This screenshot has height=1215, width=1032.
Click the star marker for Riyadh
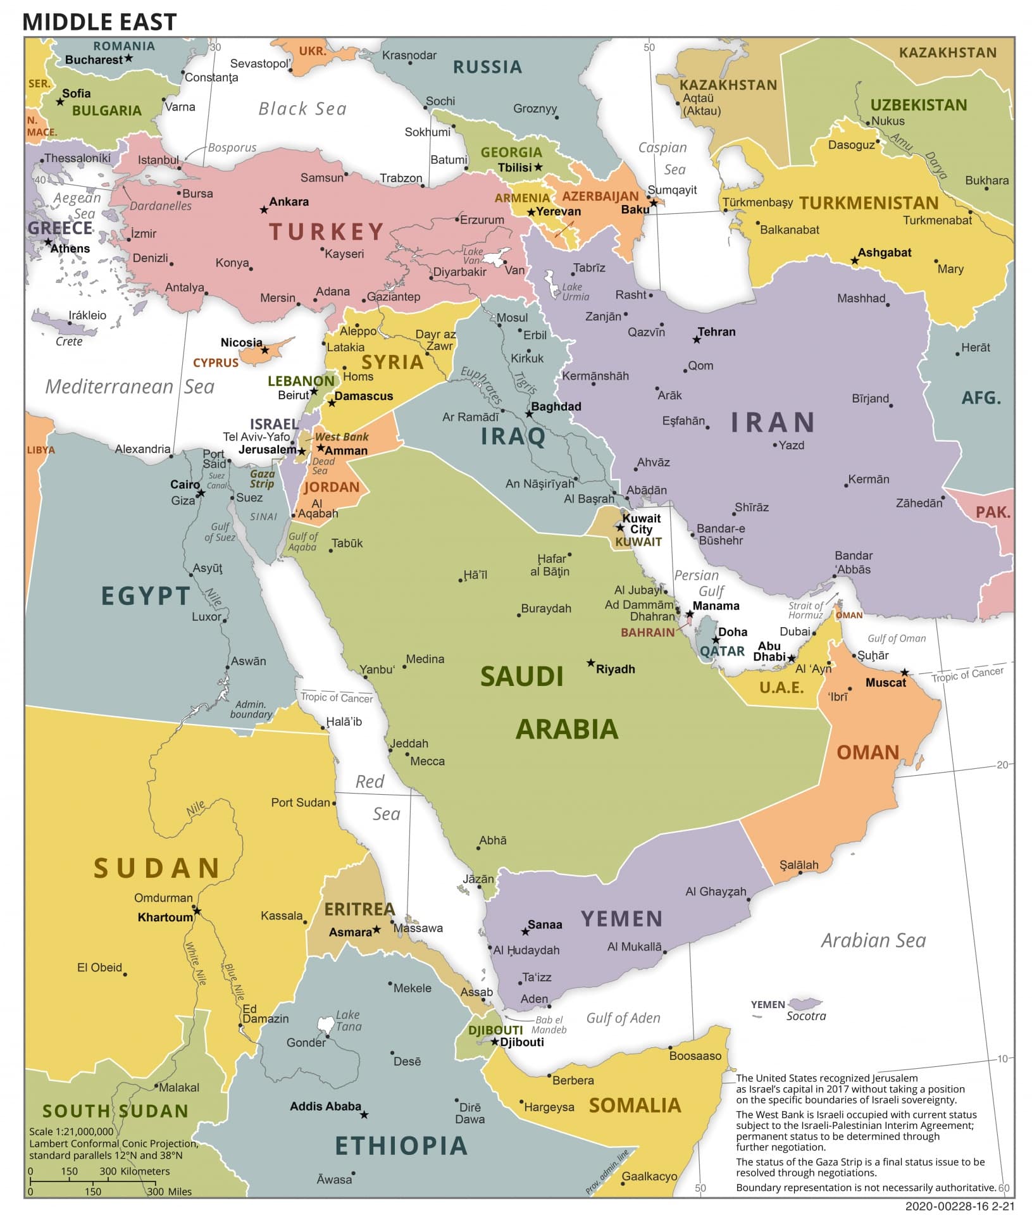point(590,663)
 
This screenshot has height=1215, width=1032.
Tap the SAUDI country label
point(521,677)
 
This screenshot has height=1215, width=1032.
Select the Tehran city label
point(716,332)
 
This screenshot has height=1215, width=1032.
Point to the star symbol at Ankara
point(264,209)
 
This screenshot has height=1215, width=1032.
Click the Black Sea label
point(302,109)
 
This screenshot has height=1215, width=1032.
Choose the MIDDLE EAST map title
point(99,22)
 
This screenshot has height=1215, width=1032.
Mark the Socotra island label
point(805,1016)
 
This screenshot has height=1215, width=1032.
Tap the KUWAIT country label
point(638,542)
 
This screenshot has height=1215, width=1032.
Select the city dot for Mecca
point(407,754)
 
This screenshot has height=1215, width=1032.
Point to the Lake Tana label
point(348,1020)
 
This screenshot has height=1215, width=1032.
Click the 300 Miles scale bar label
point(170,1192)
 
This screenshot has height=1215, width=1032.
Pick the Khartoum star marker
point(197,911)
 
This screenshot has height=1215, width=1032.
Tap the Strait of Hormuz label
point(805,610)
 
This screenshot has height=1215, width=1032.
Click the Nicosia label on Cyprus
point(241,342)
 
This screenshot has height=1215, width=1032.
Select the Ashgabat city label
point(884,252)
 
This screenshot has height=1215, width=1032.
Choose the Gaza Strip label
point(262,478)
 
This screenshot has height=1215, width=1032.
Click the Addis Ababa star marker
point(364,1115)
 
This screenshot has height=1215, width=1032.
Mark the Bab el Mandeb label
point(549,1025)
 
